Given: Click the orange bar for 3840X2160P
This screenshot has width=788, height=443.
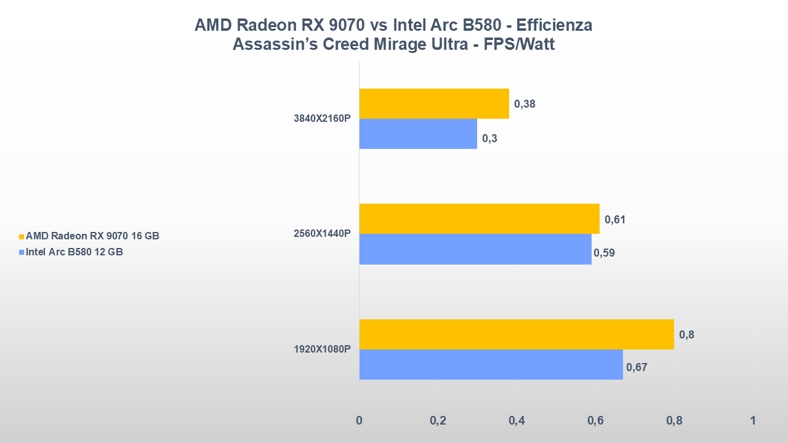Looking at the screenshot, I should (x=434, y=103).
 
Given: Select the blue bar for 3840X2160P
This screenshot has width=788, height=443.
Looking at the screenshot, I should (x=418, y=134).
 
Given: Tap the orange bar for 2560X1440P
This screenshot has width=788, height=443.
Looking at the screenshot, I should (x=479, y=218).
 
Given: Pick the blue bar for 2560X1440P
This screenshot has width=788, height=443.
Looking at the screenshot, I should (x=475, y=249).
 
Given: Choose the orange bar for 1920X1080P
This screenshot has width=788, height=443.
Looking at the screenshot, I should (x=517, y=334).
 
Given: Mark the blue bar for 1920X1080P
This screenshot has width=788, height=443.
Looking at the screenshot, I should (x=491, y=364).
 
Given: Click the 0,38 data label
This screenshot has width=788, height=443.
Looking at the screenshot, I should (x=525, y=104).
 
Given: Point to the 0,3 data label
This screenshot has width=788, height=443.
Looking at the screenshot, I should (x=489, y=138).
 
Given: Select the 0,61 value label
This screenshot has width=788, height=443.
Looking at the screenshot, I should (x=615, y=220).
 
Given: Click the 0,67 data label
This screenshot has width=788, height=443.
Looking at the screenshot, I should (x=637, y=367).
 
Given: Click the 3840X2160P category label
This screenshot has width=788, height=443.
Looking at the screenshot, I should (x=322, y=119).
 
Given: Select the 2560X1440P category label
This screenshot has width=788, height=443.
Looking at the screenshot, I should (x=322, y=234).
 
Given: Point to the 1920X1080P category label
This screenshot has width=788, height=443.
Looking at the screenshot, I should (x=322, y=349).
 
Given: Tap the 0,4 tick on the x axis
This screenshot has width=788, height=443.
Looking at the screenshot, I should (x=517, y=421).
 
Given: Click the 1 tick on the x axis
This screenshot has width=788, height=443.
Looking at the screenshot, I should (x=752, y=421).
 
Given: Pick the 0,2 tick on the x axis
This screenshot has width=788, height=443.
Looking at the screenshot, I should (x=438, y=421).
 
